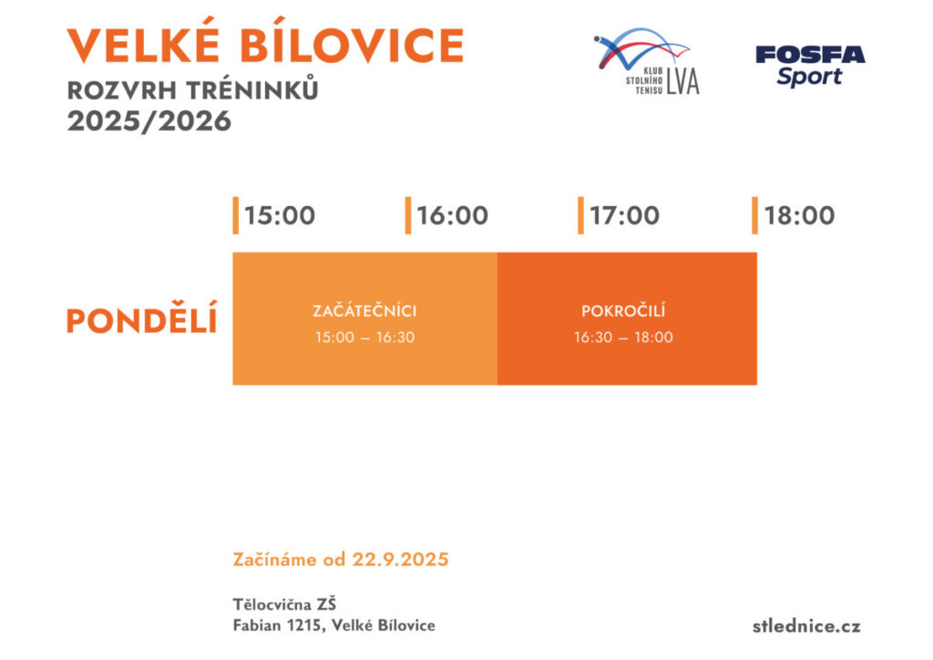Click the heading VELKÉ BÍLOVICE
point(265,46)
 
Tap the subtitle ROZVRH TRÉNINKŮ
point(193,92)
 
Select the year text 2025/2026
point(149,121)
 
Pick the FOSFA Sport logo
point(810,65)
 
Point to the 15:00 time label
point(280,216)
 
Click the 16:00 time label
point(453,216)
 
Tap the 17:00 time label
point(625,216)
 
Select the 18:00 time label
point(799,216)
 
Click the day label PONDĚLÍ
point(142,321)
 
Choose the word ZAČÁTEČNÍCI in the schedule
point(364,312)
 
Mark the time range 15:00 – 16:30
point(364,337)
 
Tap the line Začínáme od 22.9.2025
point(341,560)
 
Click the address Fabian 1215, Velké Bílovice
point(334,625)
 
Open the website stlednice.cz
point(806,625)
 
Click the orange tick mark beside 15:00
point(235,215)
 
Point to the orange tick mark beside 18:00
point(754,215)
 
